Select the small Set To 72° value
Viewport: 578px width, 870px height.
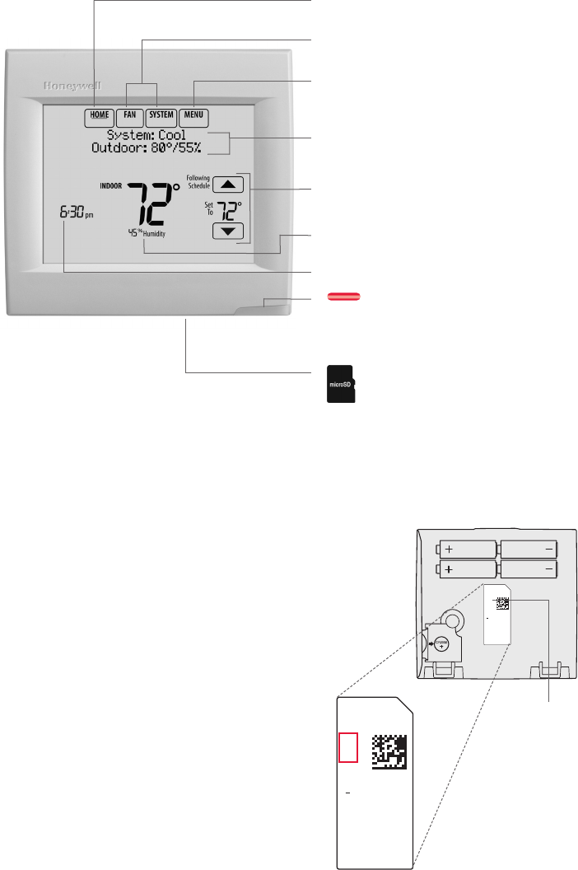pyautogui.click(x=229, y=207)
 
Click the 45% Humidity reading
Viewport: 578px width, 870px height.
pyautogui.click(x=146, y=234)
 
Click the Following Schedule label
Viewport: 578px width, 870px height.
pyautogui.click(x=198, y=181)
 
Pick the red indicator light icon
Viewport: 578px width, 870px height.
pyautogui.click(x=338, y=297)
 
